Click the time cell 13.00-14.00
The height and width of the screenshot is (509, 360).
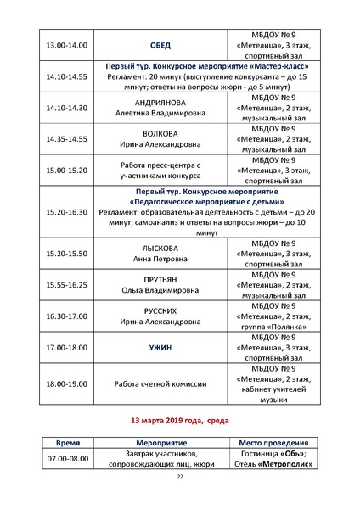[x=65, y=45]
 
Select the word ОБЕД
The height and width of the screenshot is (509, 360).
[x=160, y=45]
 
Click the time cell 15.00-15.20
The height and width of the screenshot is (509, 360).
[x=65, y=171]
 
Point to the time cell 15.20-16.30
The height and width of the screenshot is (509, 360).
[x=65, y=212]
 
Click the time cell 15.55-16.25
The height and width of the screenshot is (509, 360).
[x=65, y=285]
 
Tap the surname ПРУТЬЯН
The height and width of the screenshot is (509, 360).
[x=160, y=280]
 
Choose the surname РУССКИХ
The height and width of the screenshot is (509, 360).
[x=160, y=311]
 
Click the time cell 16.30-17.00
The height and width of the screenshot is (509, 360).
[x=65, y=316]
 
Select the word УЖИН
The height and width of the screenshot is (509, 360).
[x=160, y=348]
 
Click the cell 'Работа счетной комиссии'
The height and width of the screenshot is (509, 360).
[x=160, y=384]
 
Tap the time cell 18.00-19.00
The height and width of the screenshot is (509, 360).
[x=65, y=384]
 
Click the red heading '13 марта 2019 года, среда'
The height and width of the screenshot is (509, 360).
[x=179, y=420]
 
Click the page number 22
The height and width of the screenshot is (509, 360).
[x=179, y=477]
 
